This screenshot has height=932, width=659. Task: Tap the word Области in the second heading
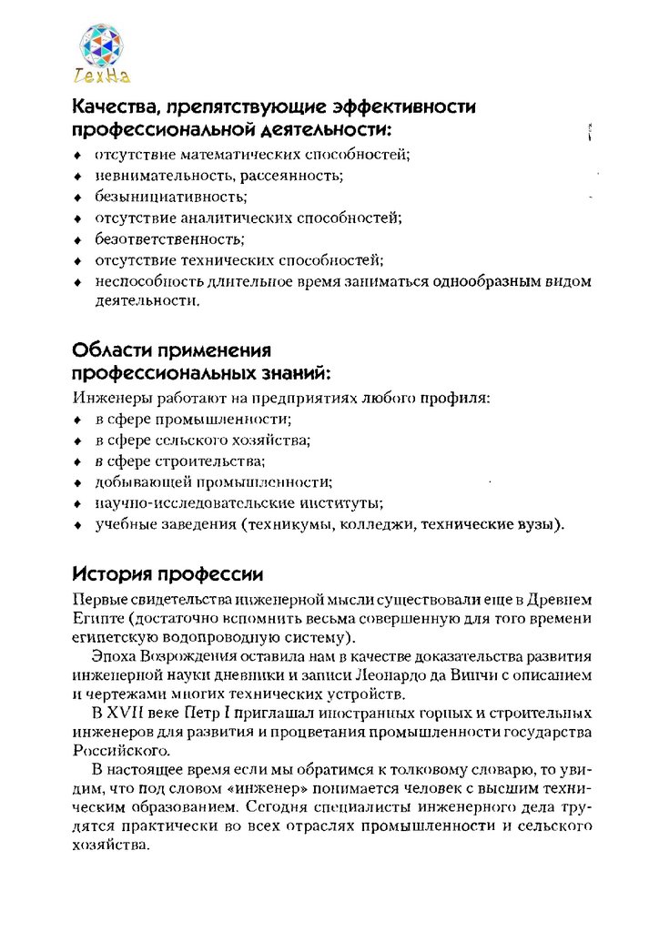(x=111, y=350)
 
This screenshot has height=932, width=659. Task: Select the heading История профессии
(x=168, y=574)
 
